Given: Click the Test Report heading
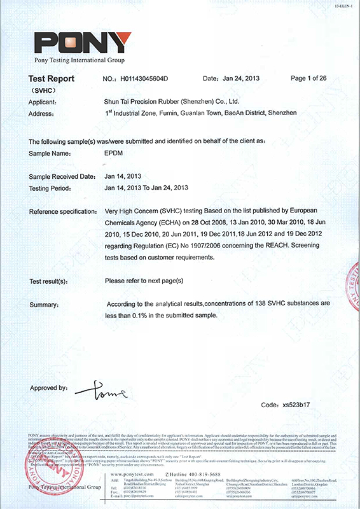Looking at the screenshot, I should click(52, 79).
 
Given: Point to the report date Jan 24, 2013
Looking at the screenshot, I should click(244, 79).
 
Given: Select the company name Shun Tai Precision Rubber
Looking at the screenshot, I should click(171, 101).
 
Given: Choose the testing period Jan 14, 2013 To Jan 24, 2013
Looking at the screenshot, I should click(147, 188).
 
